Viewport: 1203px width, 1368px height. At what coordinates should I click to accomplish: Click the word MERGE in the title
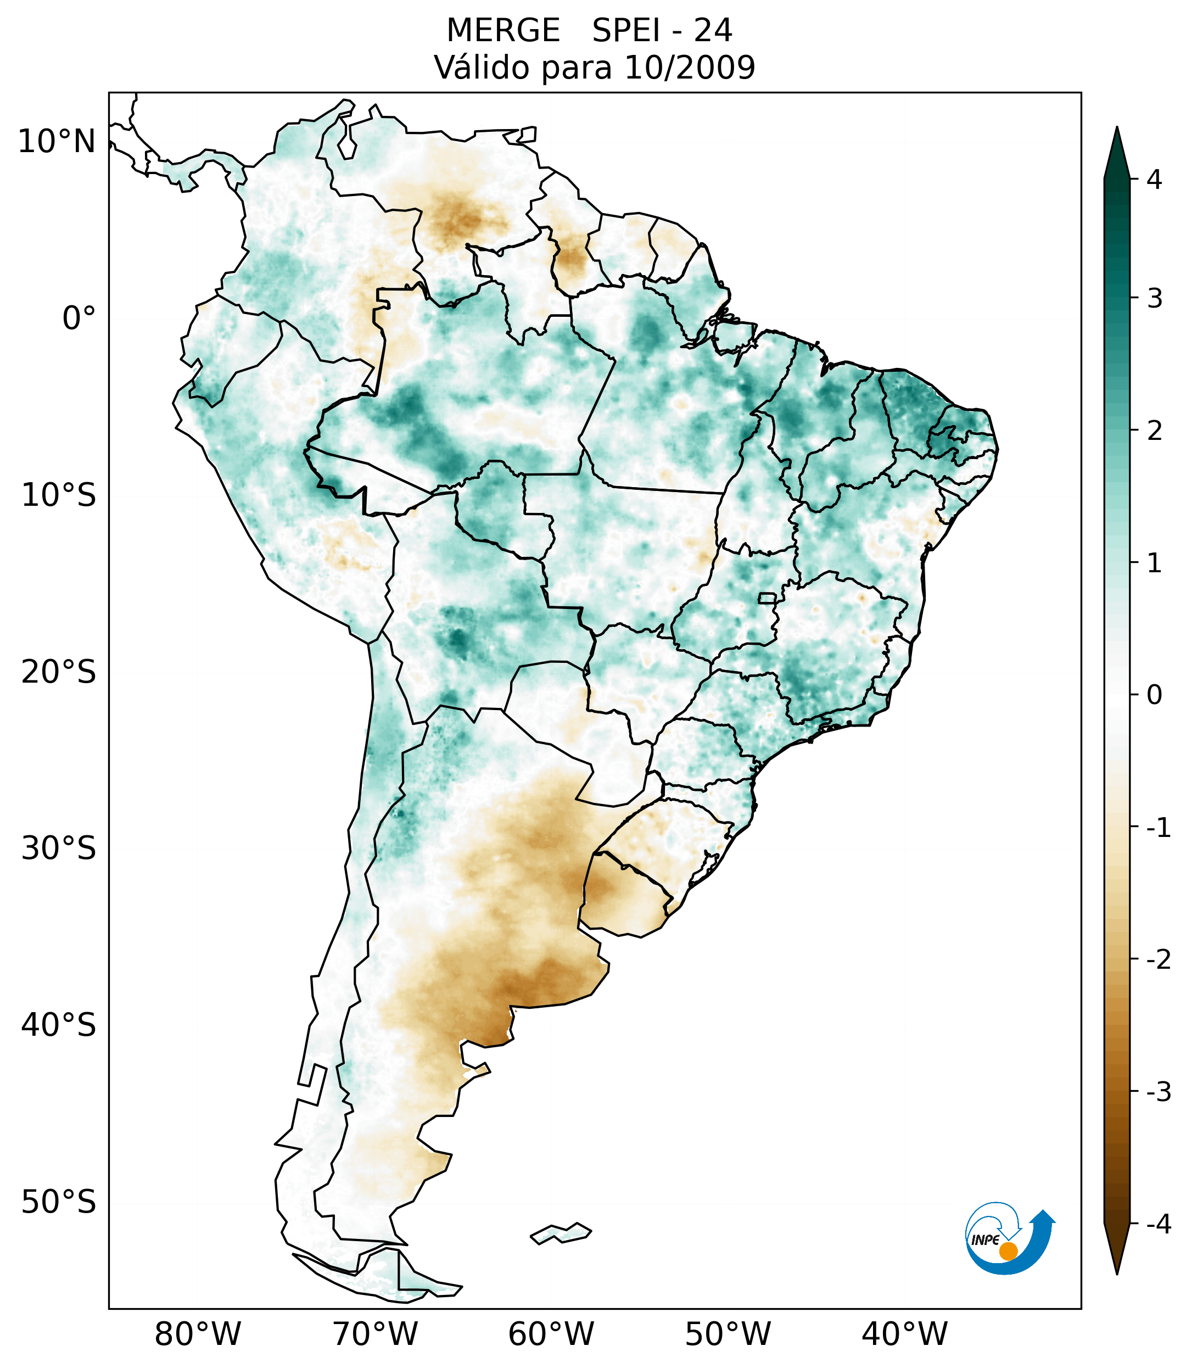click(502, 31)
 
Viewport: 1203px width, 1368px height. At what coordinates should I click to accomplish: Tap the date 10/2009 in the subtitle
click(689, 68)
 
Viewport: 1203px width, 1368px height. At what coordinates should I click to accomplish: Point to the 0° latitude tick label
click(79, 319)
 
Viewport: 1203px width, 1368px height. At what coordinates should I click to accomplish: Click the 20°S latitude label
click(59, 672)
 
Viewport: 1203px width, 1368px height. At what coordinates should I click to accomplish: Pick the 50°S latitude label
click(59, 1202)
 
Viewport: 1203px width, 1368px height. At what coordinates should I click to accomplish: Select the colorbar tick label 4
click(1154, 180)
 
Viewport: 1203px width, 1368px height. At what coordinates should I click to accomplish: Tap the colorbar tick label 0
click(1154, 695)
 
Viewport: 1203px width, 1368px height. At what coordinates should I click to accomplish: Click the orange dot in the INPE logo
click(1008, 1251)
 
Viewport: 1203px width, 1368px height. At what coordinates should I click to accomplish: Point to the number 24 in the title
click(713, 31)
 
